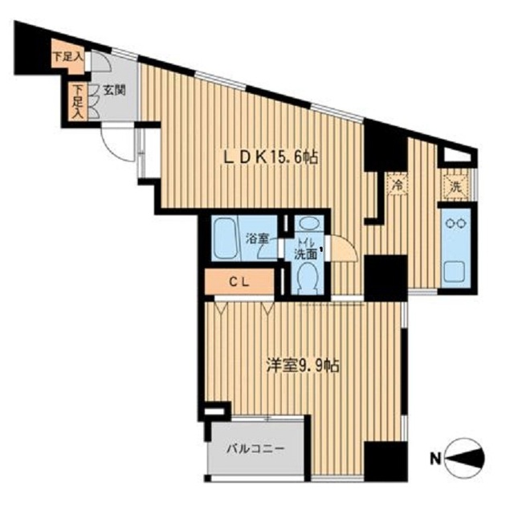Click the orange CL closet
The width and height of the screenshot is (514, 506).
tap(239, 282)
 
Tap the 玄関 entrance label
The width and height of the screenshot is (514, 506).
tap(113, 91)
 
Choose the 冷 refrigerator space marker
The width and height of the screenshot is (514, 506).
tap(397, 186)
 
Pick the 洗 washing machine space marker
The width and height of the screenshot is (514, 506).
tap(455, 186)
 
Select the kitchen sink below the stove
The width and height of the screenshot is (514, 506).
tap(455, 268)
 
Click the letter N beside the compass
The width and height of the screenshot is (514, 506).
tap(434, 460)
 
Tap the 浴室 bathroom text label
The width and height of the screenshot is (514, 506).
tap(257, 239)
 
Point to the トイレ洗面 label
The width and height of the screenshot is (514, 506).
tap(305, 248)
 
